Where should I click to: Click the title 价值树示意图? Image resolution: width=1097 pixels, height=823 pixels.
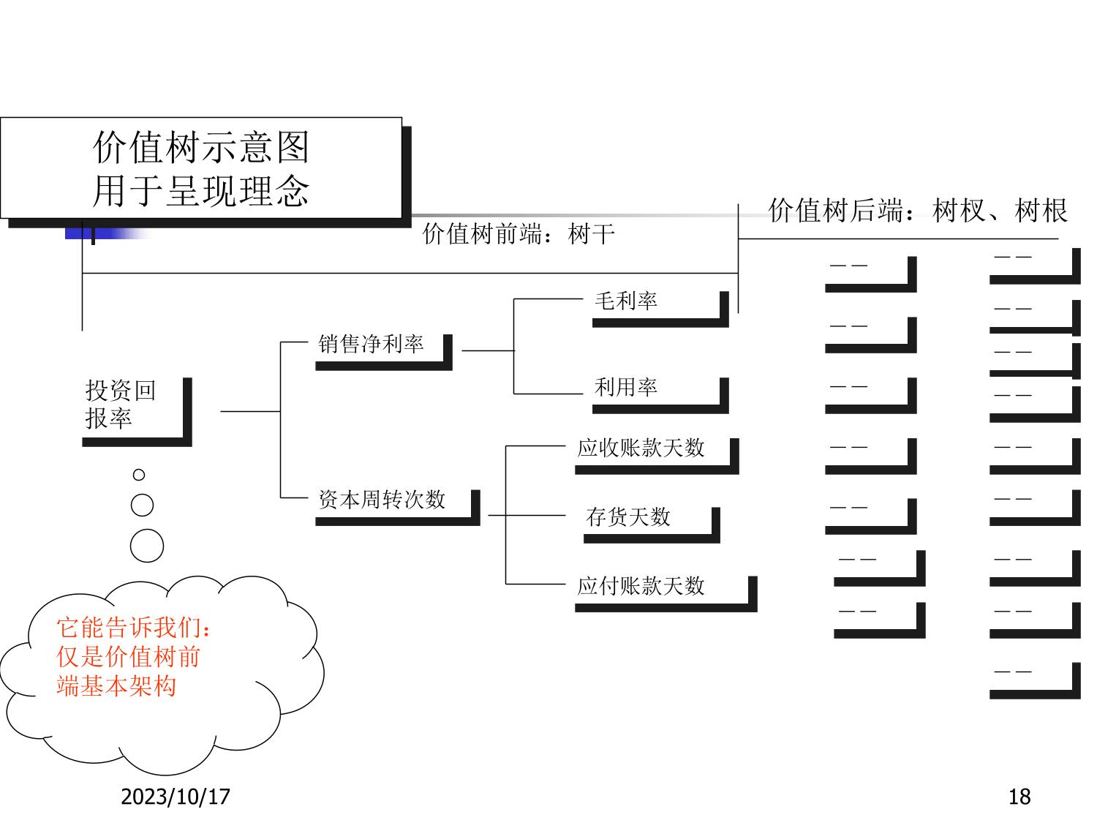tap(201, 148)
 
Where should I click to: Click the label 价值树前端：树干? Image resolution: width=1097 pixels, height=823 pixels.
tap(519, 234)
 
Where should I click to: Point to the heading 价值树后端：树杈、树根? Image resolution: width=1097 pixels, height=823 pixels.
tap(917, 211)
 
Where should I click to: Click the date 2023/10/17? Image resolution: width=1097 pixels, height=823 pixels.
tap(176, 797)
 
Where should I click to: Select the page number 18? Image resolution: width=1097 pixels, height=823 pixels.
tap(1019, 797)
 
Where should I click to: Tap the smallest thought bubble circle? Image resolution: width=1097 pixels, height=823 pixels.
tap(139, 475)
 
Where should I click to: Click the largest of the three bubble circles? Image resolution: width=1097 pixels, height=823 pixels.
tap(146, 546)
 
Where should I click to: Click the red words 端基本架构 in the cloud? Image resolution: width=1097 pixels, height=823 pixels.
tap(117, 687)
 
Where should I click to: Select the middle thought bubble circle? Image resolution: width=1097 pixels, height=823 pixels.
tap(142, 506)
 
